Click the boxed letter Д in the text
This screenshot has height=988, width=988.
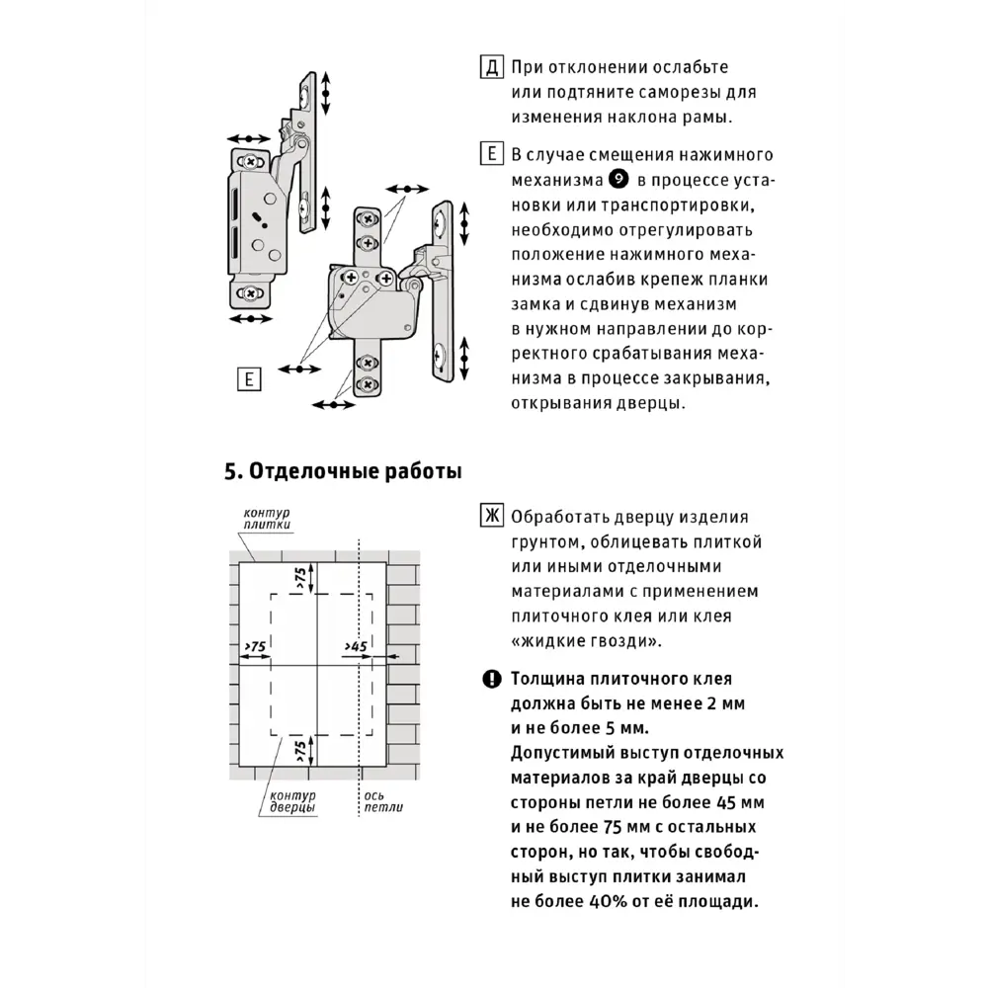pos(491,67)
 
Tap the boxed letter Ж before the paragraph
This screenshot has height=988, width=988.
pos(491,517)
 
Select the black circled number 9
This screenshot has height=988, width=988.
pos(618,180)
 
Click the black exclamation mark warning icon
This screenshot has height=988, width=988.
pos(491,679)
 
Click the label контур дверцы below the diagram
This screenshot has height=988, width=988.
pos(294,801)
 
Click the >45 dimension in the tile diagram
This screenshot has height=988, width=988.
pos(356,646)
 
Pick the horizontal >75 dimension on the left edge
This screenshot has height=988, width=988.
pos(255,646)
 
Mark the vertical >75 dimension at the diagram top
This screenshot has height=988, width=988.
pos(300,579)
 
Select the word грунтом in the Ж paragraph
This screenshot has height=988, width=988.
pos(553,542)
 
